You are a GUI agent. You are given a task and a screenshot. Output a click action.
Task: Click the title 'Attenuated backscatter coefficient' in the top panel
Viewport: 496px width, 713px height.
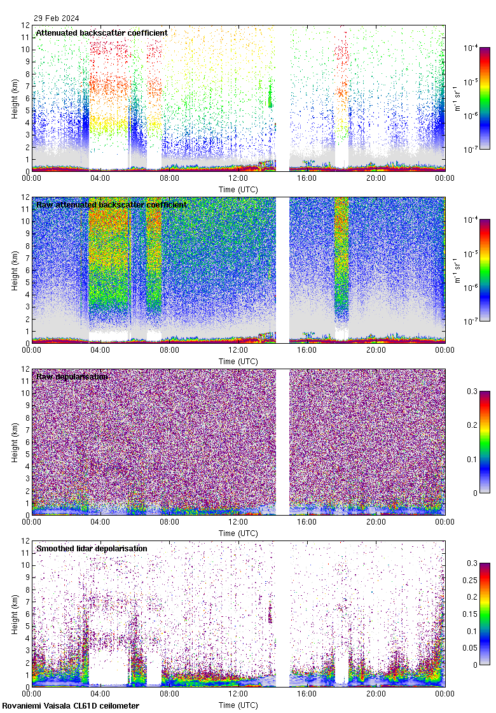[x=102, y=32]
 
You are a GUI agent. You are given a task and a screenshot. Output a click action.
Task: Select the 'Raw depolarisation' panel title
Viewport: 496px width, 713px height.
[x=72, y=377]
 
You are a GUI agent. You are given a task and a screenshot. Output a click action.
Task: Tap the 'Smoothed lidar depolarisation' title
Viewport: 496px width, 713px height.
[x=92, y=549]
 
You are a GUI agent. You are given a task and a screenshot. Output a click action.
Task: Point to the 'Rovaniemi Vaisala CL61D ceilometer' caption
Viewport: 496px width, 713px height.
[x=70, y=706]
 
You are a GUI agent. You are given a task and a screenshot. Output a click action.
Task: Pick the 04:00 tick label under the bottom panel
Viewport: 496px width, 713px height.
[x=100, y=696]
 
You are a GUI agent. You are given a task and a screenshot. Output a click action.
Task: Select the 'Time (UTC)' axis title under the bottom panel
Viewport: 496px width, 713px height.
[x=238, y=705]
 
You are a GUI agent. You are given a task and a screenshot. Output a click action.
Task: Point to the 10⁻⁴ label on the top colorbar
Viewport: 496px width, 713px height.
[x=471, y=48]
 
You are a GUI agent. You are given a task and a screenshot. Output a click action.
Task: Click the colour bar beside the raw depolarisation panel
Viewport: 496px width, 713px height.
[x=485, y=442]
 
